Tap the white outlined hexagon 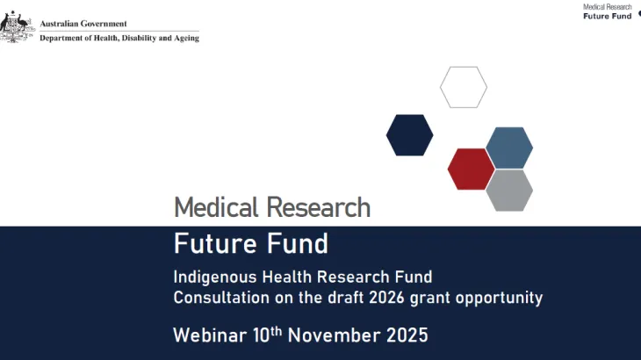point(463,87)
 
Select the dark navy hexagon point(409,135)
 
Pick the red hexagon point(471,169)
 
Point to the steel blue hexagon point(509,148)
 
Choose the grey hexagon point(509,190)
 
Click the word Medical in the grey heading point(217,208)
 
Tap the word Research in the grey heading point(319,208)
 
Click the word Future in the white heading point(211,242)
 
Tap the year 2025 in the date point(406,335)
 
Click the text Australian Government point(83,24)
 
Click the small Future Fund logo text point(608,16)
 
